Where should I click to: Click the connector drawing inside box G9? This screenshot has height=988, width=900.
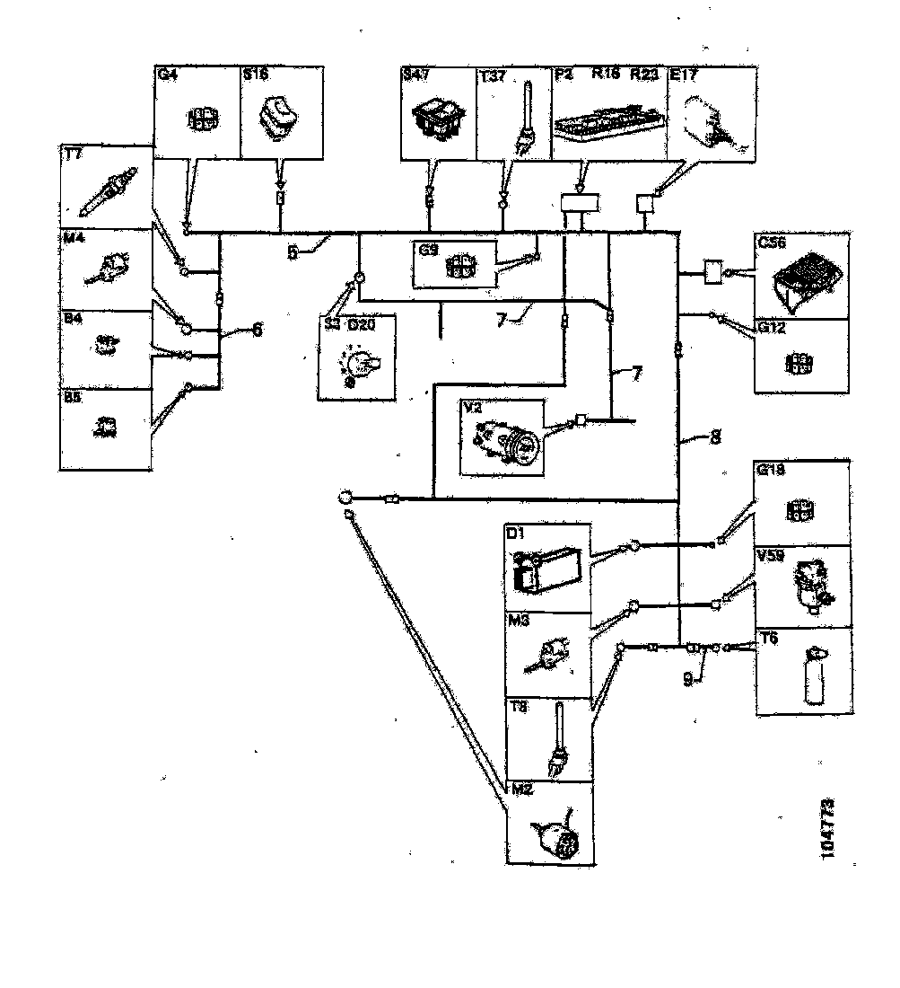coord(460,267)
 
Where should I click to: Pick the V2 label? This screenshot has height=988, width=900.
coord(472,407)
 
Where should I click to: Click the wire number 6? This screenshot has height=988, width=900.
coord(257,330)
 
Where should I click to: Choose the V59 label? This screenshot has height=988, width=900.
coord(771,556)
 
